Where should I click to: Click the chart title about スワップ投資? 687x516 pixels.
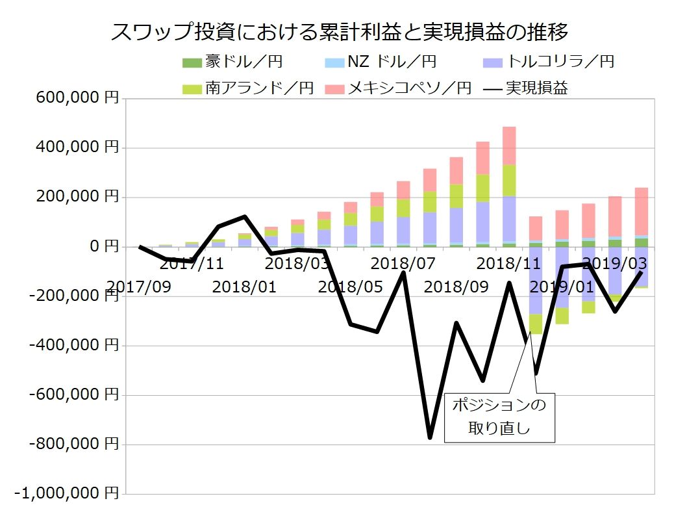click(340, 31)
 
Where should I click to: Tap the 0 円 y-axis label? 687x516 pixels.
click(101, 247)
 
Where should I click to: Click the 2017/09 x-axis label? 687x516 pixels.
click(140, 287)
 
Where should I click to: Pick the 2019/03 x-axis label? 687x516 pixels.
click(615, 264)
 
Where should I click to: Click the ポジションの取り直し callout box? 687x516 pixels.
click(499, 418)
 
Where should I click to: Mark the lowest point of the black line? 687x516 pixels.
click(430, 437)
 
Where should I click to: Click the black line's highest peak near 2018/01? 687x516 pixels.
click(245, 216)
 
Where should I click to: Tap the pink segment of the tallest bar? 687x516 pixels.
click(509, 146)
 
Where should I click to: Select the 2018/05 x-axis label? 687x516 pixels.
click(350, 287)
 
